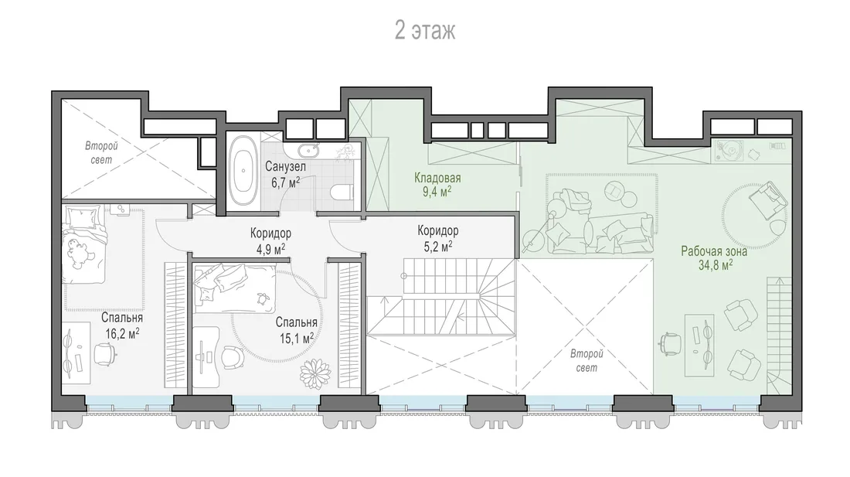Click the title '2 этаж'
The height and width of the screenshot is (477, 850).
[425, 30]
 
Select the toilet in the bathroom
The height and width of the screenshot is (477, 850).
[342, 193]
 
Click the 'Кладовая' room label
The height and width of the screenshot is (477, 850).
[437, 178]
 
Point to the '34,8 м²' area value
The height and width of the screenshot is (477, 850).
[716, 264]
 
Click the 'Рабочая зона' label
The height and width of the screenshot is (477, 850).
[714, 251]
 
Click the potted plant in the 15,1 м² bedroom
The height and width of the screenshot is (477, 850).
[315, 373]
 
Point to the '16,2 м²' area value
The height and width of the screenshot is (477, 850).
[122, 332]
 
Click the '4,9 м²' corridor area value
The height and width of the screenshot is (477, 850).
[271, 247]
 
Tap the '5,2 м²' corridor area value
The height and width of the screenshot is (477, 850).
[438, 245]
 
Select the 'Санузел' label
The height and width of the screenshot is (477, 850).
[286, 166]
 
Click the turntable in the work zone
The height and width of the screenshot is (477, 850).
[727, 150]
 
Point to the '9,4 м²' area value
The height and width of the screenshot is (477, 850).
[437, 191]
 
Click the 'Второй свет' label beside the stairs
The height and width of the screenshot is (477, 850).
[586, 360]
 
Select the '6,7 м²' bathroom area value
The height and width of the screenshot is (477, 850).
[286, 182]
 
